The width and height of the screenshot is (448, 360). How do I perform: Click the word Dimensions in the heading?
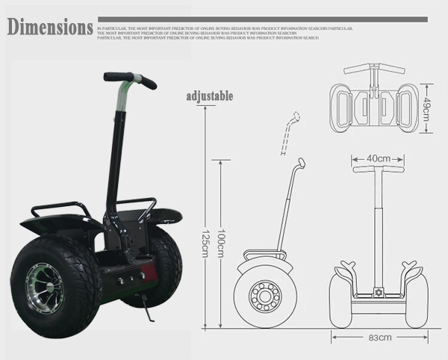click(50, 28)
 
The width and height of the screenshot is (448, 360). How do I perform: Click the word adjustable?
click(209, 96)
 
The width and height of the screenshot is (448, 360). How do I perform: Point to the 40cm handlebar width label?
click(379, 158)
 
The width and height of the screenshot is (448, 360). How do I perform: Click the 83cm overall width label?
click(379, 338)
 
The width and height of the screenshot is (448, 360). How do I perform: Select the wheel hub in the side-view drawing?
click(264, 296)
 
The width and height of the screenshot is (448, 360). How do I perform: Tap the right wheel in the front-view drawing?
click(416, 299)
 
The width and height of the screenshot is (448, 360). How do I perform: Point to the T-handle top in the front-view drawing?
click(379, 170)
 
